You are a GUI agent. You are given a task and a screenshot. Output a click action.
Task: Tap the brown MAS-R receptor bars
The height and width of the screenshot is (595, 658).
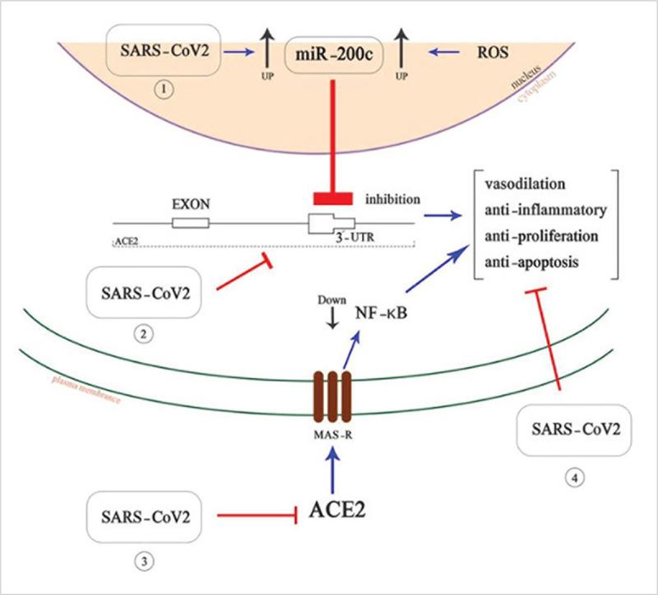click(333, 395)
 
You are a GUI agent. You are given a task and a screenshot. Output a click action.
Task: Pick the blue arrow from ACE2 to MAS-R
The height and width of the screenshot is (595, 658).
click(333, 471)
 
